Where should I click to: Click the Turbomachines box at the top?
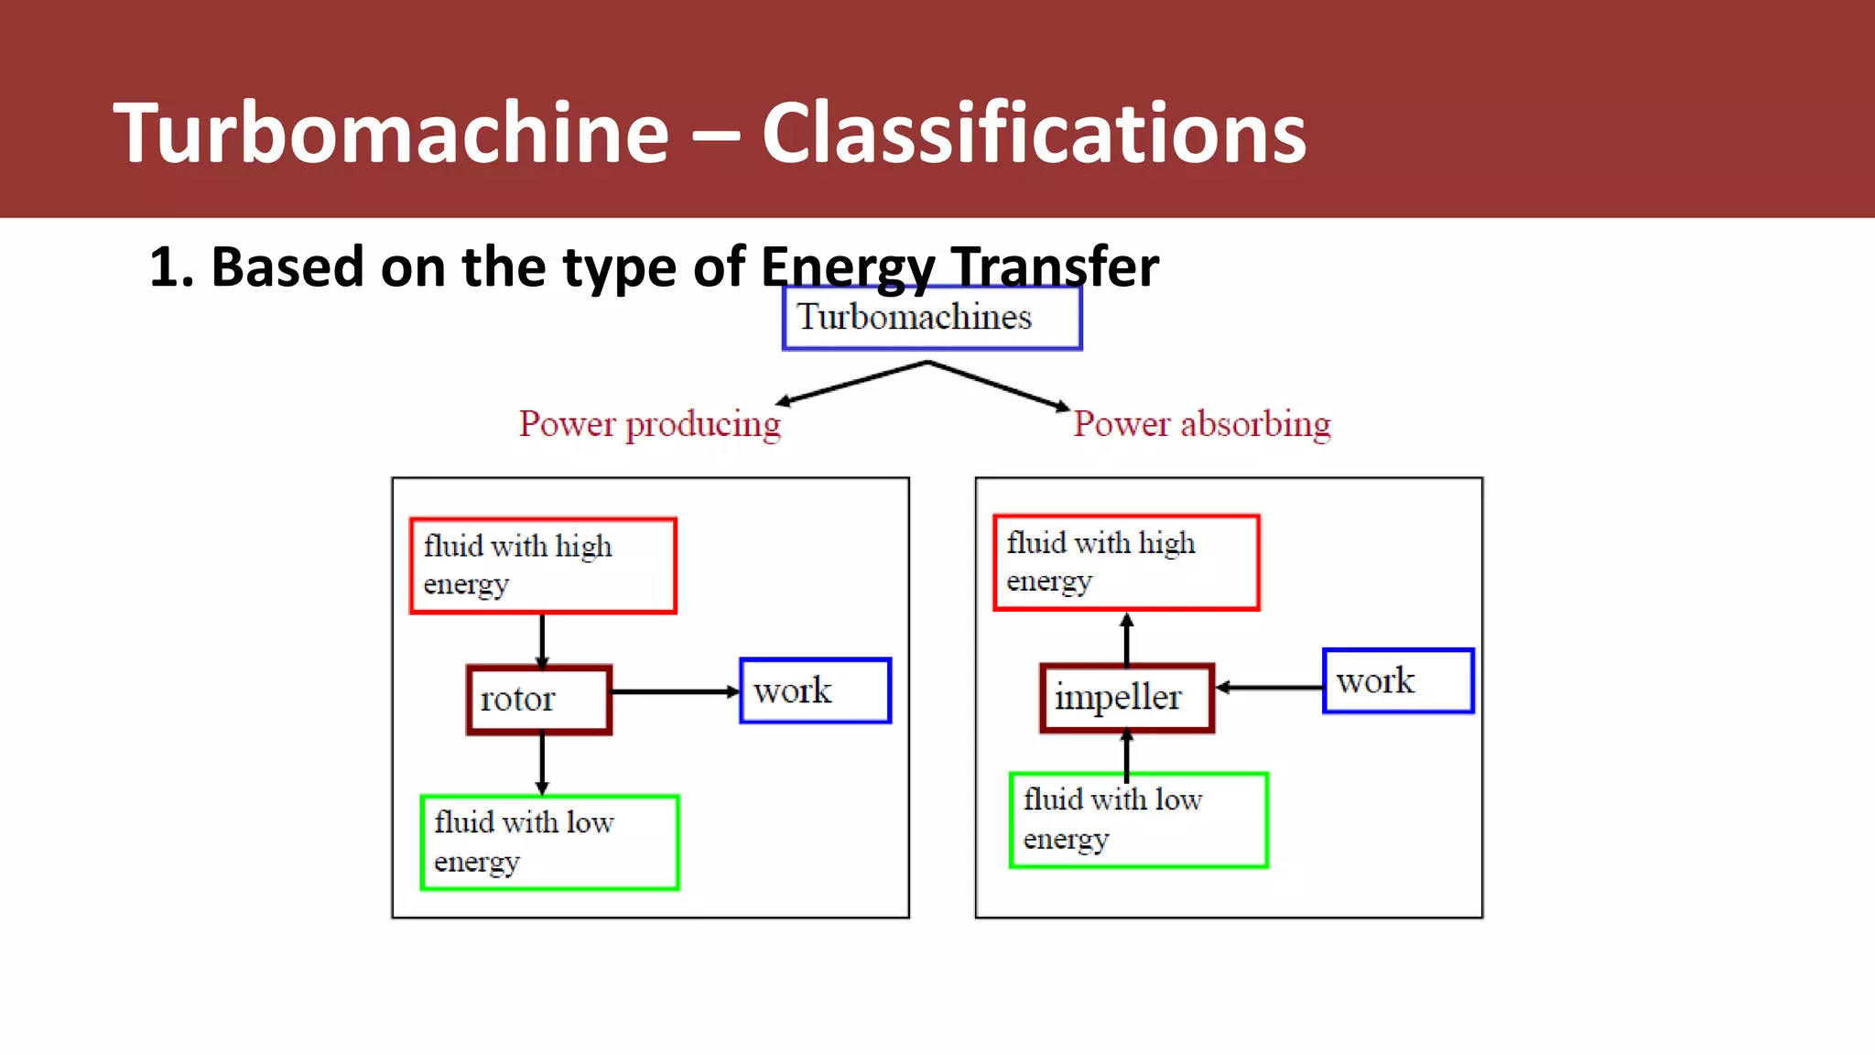932,318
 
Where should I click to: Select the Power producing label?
650,424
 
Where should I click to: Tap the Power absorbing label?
1201,424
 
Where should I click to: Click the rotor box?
539,700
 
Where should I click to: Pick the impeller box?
1127,698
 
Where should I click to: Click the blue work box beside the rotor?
815,691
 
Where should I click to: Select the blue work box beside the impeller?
1398,681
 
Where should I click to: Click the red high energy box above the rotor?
543,565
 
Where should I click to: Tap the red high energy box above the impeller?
1126,562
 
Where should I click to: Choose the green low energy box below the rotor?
549,842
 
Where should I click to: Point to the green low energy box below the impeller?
1138,820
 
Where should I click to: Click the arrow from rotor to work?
675,691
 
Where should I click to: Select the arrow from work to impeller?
1269,687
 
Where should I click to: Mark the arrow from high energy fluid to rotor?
542,640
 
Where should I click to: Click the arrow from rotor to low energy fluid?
542,764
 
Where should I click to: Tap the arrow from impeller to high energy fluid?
1127,638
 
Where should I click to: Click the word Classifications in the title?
1034,134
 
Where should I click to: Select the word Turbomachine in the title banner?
391,134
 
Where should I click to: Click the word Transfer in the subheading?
1055,267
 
